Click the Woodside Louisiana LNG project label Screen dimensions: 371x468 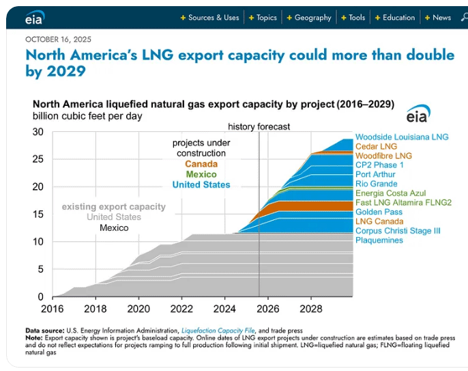402,137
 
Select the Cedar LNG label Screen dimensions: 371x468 376,146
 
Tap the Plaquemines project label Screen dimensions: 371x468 379,241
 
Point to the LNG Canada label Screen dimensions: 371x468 379,221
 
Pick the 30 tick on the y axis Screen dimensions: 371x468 38,132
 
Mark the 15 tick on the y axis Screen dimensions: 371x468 38,215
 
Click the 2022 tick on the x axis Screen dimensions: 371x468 181,308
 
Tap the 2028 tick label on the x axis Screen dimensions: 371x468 311,308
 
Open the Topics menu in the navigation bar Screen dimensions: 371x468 263,18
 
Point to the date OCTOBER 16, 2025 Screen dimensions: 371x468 58,40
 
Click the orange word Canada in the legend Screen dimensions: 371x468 201,164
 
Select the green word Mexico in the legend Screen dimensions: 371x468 201,174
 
